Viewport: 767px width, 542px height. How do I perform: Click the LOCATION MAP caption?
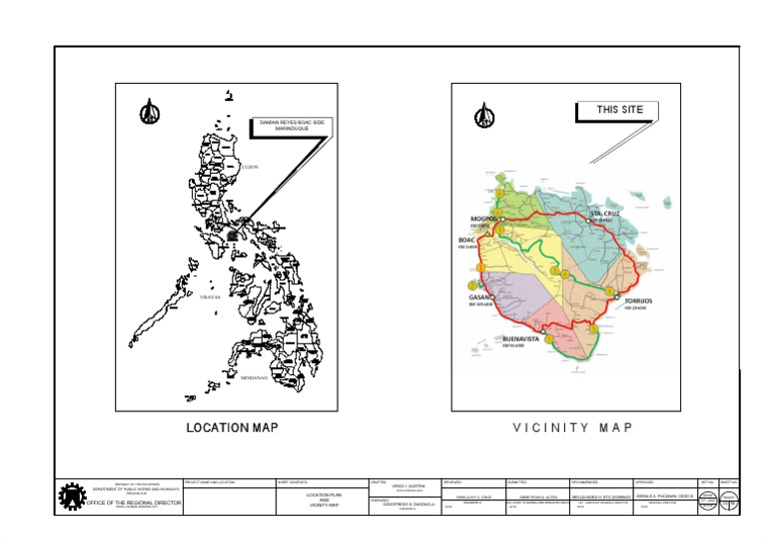click(232, 428)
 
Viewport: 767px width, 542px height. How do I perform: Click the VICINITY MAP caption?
click(572, 428)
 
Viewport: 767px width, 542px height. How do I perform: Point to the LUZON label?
click(250, 167)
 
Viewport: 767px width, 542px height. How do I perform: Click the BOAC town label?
click(466, 241)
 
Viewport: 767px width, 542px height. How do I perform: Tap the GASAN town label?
click(478, 296)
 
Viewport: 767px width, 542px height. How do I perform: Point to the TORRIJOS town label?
click(640, 300)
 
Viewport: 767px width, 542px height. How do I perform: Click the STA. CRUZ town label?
click(606, 214)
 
